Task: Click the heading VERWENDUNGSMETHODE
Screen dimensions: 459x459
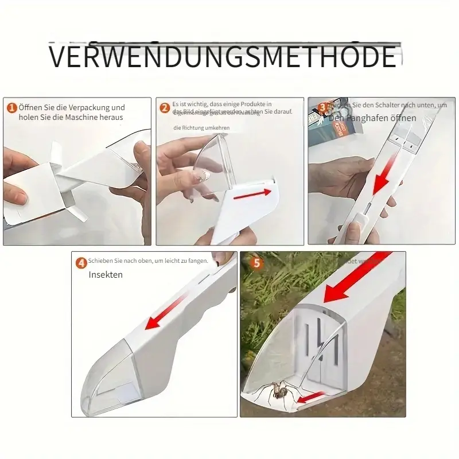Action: [223, 57]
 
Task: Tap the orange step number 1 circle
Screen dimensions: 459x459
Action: [11, 107]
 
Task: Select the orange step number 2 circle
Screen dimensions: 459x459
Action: [165, 107]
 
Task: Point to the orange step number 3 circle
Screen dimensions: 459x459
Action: [322, 106]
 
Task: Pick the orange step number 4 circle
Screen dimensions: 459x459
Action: [82, 263]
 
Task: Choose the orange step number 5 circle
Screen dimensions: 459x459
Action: [256, 263]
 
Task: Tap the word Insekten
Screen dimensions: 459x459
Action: [106, 275]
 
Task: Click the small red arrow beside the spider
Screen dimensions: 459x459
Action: [312, 396]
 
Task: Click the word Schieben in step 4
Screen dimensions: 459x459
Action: [100, 262]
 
